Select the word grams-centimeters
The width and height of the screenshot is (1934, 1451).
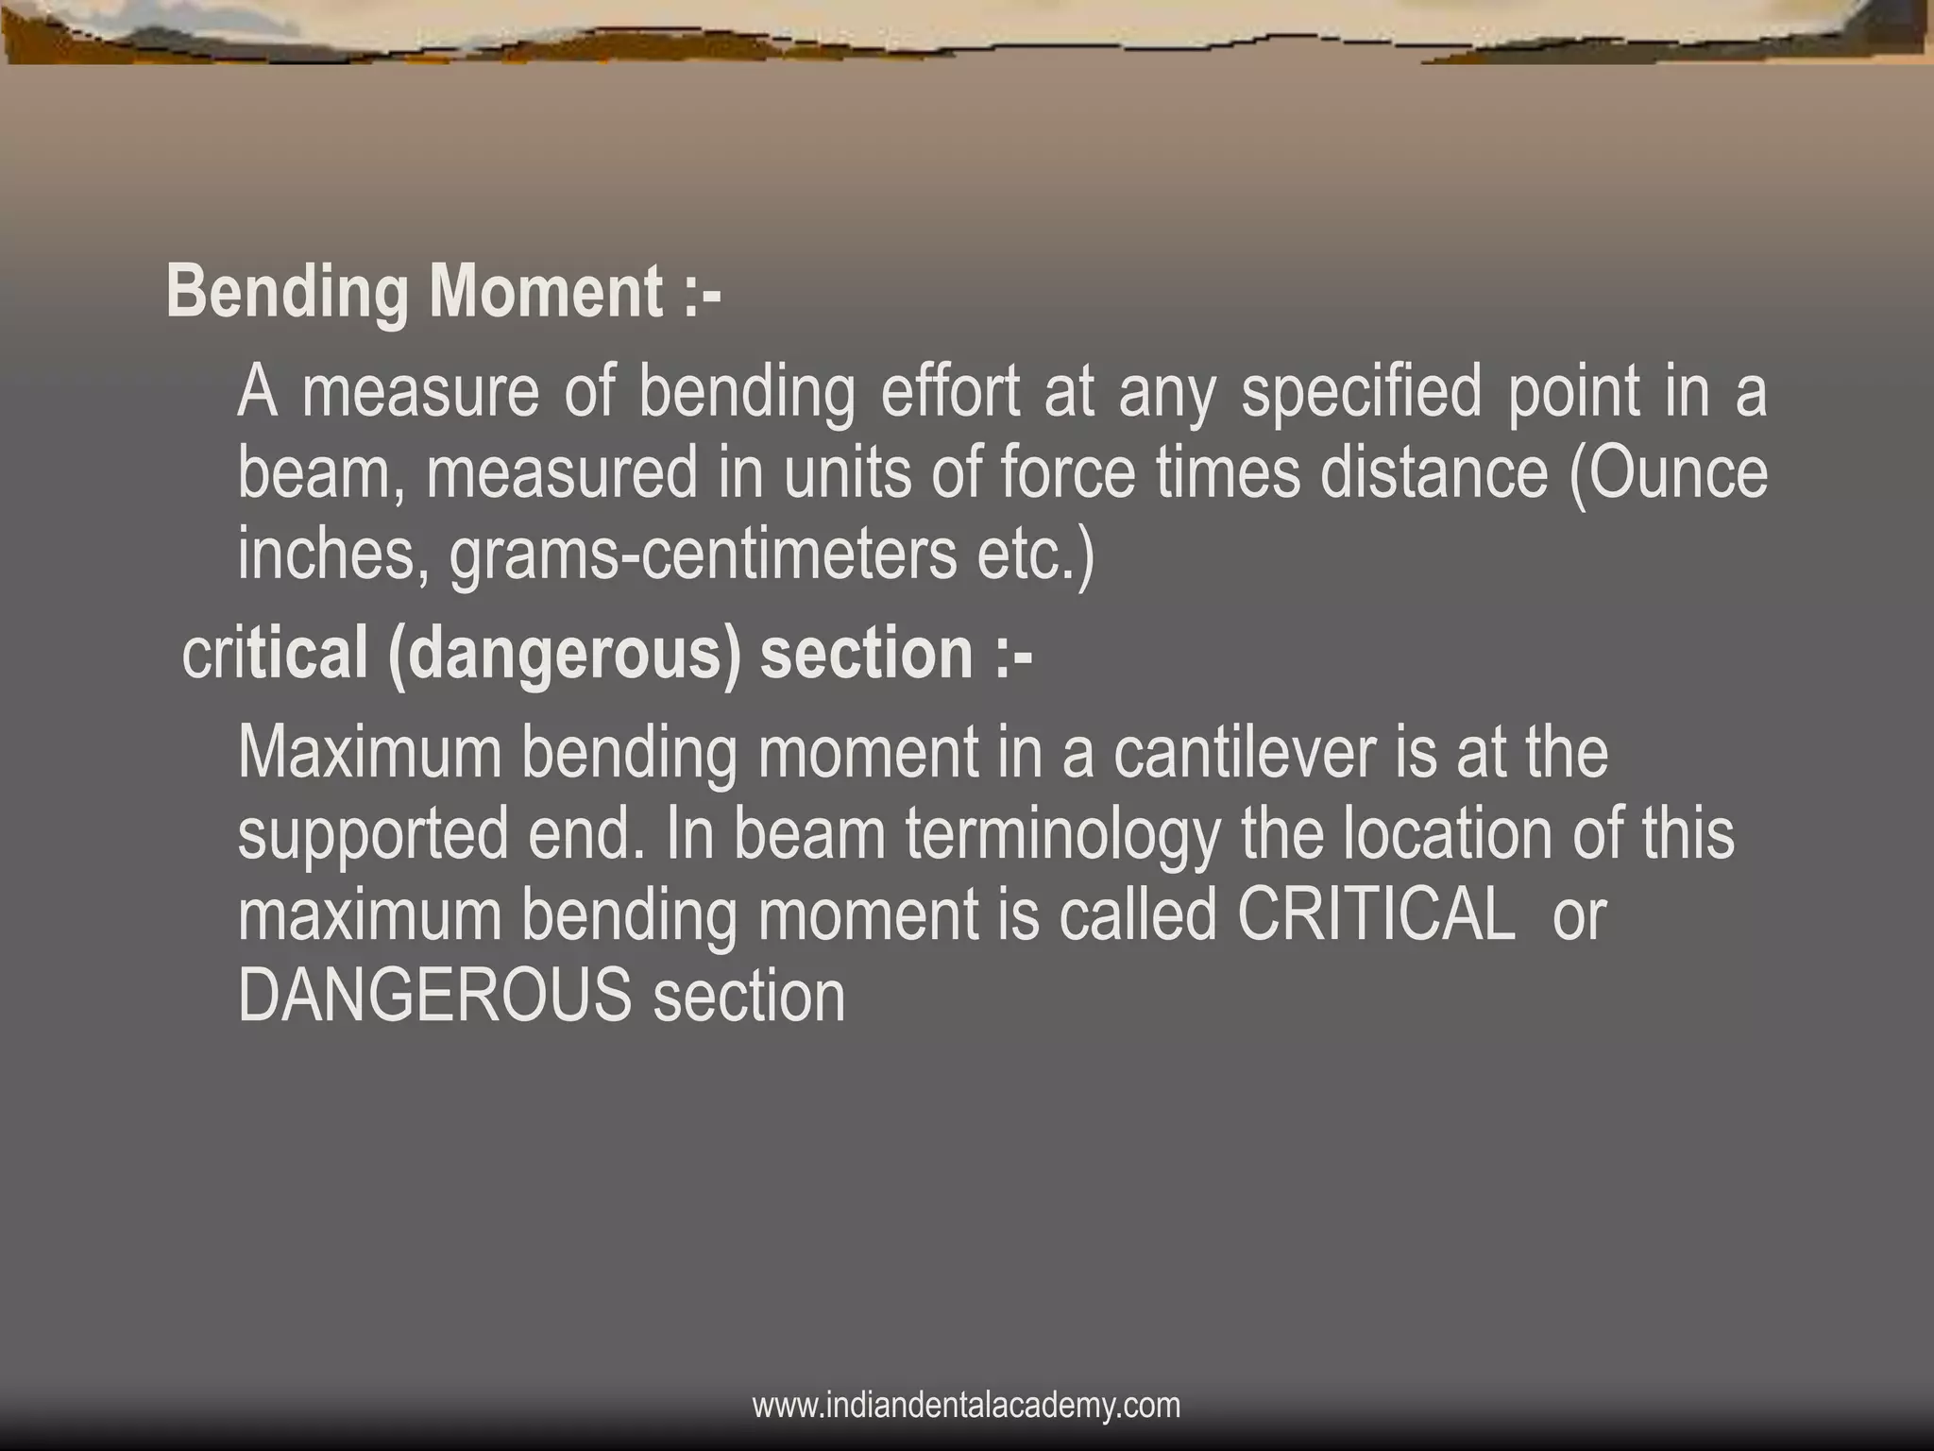point(703,555)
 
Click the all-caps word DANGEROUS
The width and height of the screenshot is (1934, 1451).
point(434,996)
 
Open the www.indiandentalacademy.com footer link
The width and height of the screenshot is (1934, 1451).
point(966,1405)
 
